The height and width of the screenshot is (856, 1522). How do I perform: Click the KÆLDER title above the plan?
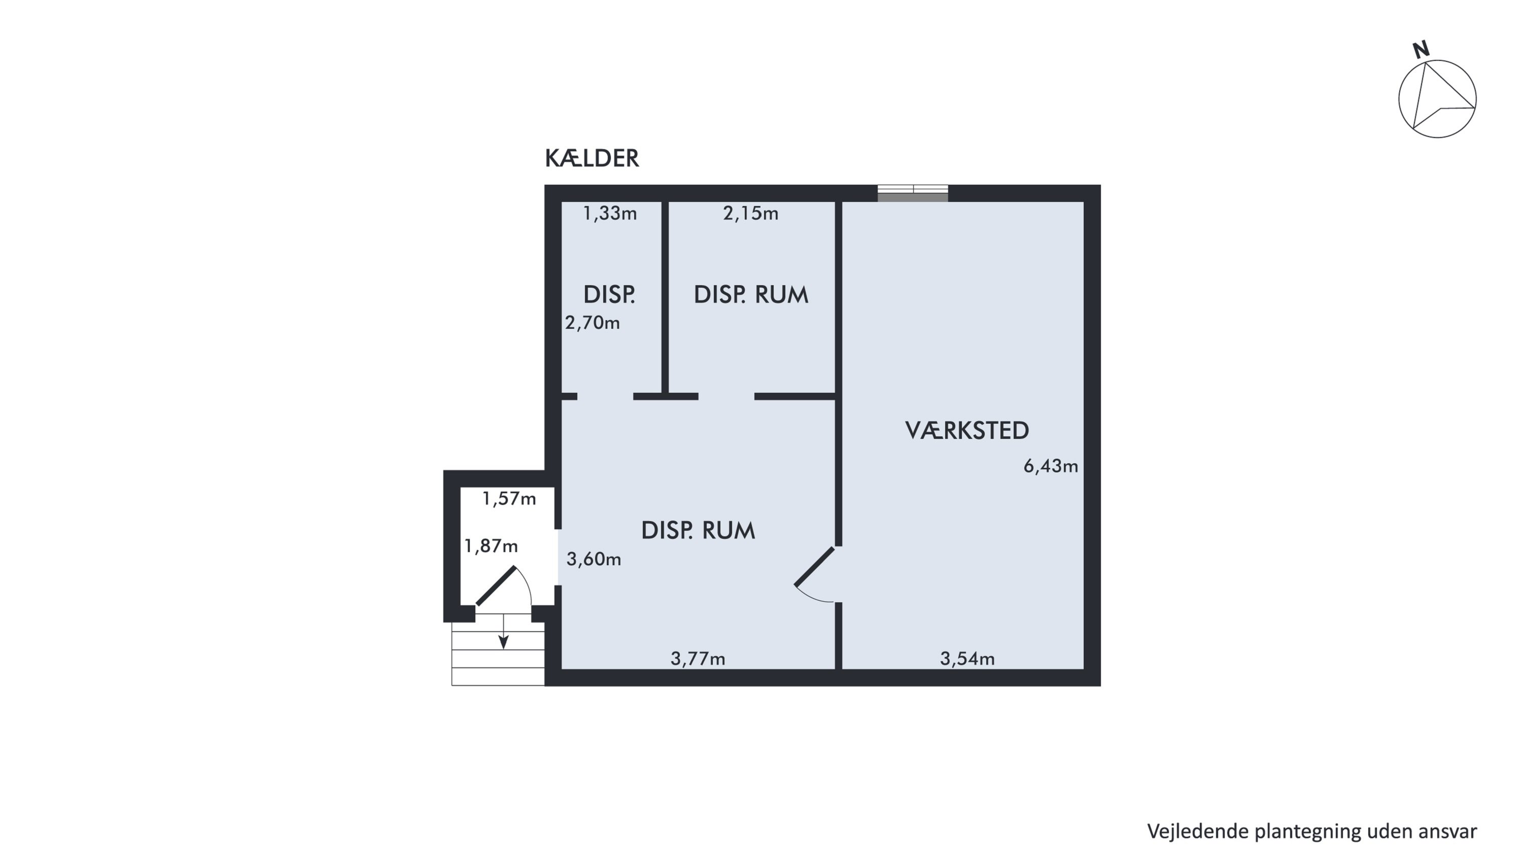tap(592, 158)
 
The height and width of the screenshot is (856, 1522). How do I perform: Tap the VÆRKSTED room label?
tap(967, 431)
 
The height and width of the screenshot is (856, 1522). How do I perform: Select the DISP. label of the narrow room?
tap(609, 294)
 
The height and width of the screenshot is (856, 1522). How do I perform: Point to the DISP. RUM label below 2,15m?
tap(751, 294)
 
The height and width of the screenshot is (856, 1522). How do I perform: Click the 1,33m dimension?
tap(610, 213)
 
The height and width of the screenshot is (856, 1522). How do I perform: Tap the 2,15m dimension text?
tap(751, 213)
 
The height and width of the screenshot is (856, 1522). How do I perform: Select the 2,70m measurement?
tap(593, 323)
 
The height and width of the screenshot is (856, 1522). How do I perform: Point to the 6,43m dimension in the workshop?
tap(1051, 466)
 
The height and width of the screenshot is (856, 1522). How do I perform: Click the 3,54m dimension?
tap(967, 658)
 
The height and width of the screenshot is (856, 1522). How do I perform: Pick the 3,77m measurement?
tap(698, 658)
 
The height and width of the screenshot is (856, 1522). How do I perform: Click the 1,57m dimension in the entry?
tap(509, 499)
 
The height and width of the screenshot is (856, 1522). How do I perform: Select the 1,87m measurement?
tap(491, 546)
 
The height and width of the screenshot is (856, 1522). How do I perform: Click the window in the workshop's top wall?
tap(913, 193)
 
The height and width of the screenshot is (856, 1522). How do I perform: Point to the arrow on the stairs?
tap(503, 631)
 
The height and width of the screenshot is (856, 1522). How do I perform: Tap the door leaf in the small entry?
tap(496, 586)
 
